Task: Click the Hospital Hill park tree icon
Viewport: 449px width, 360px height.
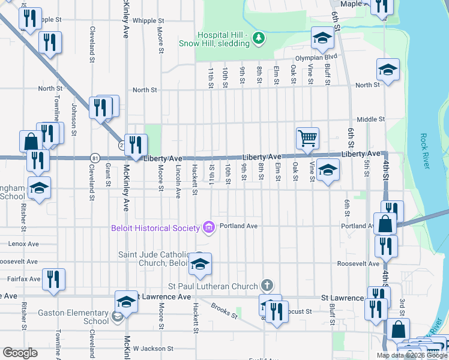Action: coord(258,38)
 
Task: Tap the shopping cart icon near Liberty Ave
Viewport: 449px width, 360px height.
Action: coord(307,137)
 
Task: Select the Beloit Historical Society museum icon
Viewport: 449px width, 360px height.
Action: coord(209,227)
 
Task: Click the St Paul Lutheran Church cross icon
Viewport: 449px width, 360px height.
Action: coord(267,286)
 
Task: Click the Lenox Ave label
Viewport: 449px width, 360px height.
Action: coord(23,244)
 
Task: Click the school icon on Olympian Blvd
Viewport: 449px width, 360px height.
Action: coord(322,38)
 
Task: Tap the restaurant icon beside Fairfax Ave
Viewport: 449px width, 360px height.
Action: coord(55,279)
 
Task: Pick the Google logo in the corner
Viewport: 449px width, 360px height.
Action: coord(20,353)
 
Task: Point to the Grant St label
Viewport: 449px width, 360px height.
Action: coord(108,174)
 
